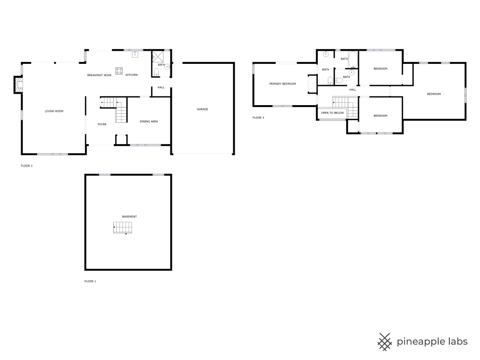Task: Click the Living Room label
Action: (54, 111)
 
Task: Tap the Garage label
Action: (203, 109)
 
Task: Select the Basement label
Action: (130, 216)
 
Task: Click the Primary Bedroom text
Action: (283, 84)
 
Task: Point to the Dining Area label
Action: (149, 121)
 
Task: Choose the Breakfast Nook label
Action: (99, 75)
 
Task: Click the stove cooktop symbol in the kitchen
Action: (119, 71)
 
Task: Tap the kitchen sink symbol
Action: (135, 55)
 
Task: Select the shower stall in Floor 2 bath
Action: (158, 57)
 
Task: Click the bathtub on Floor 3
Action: (353, 60)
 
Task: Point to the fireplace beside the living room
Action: (18, 84)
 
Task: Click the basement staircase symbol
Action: (123, 228)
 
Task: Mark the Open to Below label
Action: (333, 113)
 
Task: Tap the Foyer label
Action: (102, 124)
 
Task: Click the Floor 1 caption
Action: (90, 281)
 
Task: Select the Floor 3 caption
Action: (258, 118)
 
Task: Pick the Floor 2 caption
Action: (26, 166)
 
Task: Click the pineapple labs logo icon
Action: (385, 342)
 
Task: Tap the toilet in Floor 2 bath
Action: (156, 72)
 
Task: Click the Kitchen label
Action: (132, 75)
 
